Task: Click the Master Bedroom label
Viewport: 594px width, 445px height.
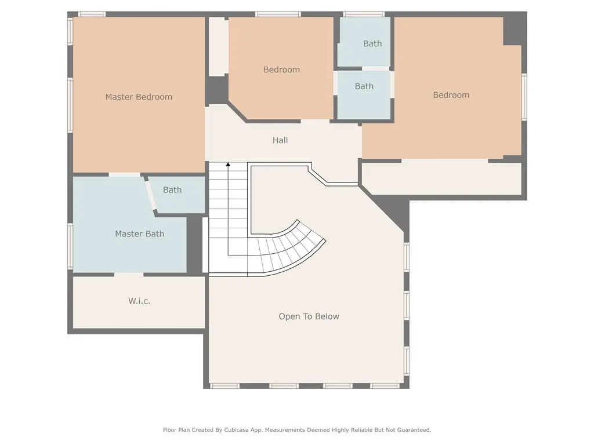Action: click(139, 97)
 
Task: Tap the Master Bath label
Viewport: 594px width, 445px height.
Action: click(139, 234)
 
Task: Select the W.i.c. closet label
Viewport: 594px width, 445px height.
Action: click(139, 301)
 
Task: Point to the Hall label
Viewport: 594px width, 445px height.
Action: click(280, 140)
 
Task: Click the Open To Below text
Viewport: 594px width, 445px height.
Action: click(309, 316)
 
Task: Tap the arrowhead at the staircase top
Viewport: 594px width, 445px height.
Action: click(228, 165)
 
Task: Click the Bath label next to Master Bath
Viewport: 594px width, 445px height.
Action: click(172, 190)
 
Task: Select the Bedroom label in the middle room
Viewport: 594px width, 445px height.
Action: click(281, 70)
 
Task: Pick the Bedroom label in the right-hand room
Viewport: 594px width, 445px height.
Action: click(451, 95)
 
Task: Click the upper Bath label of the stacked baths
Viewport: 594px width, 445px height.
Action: click(372, 44)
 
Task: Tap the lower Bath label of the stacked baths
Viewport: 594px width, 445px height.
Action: click(364, 86)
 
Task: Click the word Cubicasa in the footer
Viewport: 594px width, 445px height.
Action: click(236, 430)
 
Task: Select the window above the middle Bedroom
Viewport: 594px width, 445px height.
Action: click(278, 14)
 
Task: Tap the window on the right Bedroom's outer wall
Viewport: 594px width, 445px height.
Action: click(524, 97)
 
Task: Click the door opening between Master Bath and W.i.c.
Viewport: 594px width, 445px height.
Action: click(129, 274)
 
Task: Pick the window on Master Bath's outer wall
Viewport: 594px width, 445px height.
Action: click(70, 246)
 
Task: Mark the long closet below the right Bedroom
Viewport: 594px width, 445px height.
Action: click(441, 178)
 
